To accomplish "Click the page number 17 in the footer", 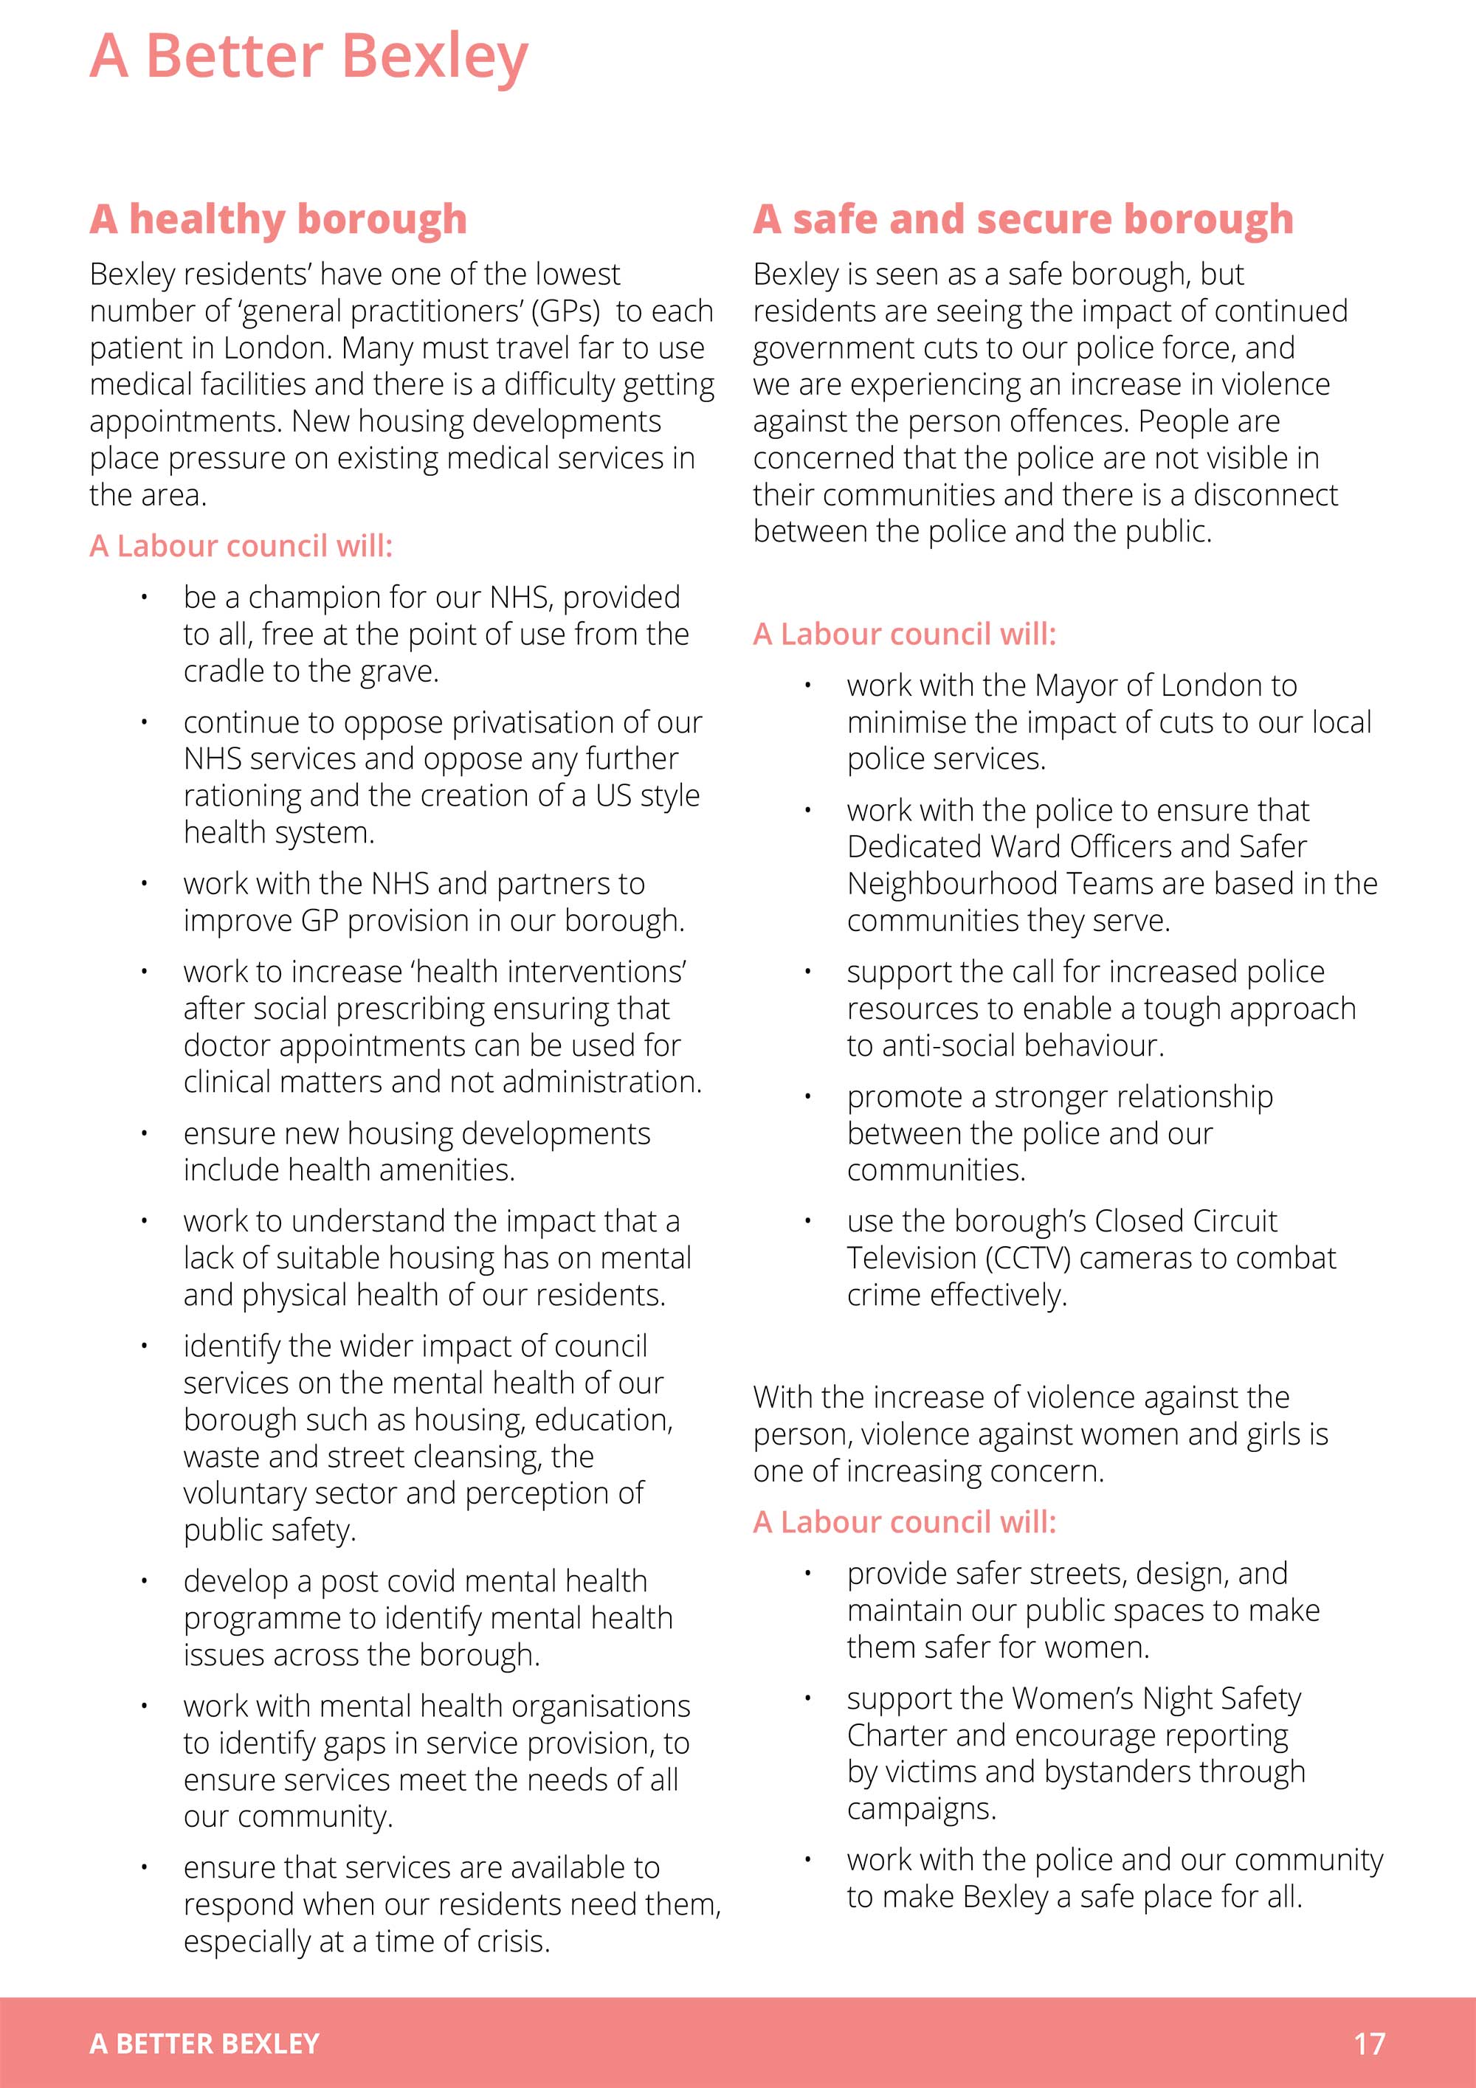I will point(1369,2044).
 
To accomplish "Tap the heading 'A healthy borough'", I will point(278,219).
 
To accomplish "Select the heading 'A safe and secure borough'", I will point(1023,219).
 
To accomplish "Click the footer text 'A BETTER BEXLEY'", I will point(204,2044).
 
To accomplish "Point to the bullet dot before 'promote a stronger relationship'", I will point(807,1096).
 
